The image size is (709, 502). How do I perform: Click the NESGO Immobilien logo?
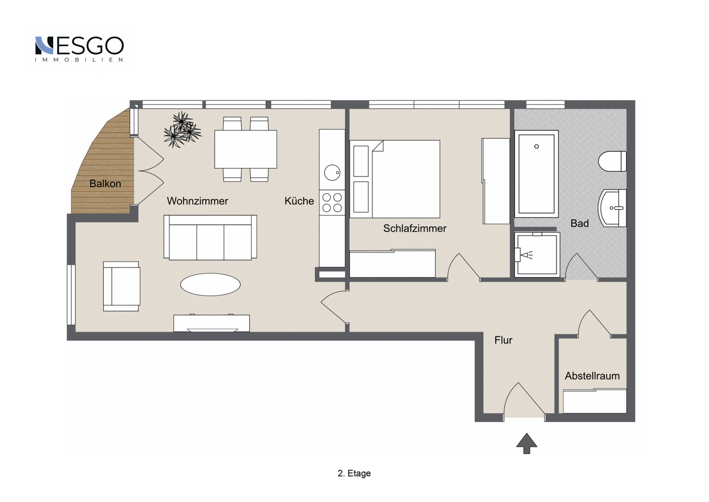coord(79,48)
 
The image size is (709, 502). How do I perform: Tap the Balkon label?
coord(105,184)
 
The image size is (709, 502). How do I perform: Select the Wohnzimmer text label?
coord(197,201)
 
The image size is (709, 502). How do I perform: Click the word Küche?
coord(299,201)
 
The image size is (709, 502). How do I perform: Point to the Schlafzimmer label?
coord(415,228)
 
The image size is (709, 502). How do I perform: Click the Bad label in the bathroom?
coord(580,223)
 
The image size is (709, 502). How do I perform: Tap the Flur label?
coord(503,340)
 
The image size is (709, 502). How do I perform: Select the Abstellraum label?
coord(592,376)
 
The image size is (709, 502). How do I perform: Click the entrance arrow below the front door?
coord(526,443)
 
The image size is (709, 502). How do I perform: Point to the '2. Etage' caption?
coord(354,473)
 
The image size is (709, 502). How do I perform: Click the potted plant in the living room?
coord(182,130)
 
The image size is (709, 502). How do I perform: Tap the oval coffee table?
coord(210,284)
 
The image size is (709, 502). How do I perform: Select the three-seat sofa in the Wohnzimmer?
coord(210,237)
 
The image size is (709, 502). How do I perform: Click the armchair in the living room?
coord(122,286)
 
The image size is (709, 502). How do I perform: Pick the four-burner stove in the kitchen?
coord(332,203)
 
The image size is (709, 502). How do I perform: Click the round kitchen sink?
coord(332,173)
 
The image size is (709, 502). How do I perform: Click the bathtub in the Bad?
coord(536,174)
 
